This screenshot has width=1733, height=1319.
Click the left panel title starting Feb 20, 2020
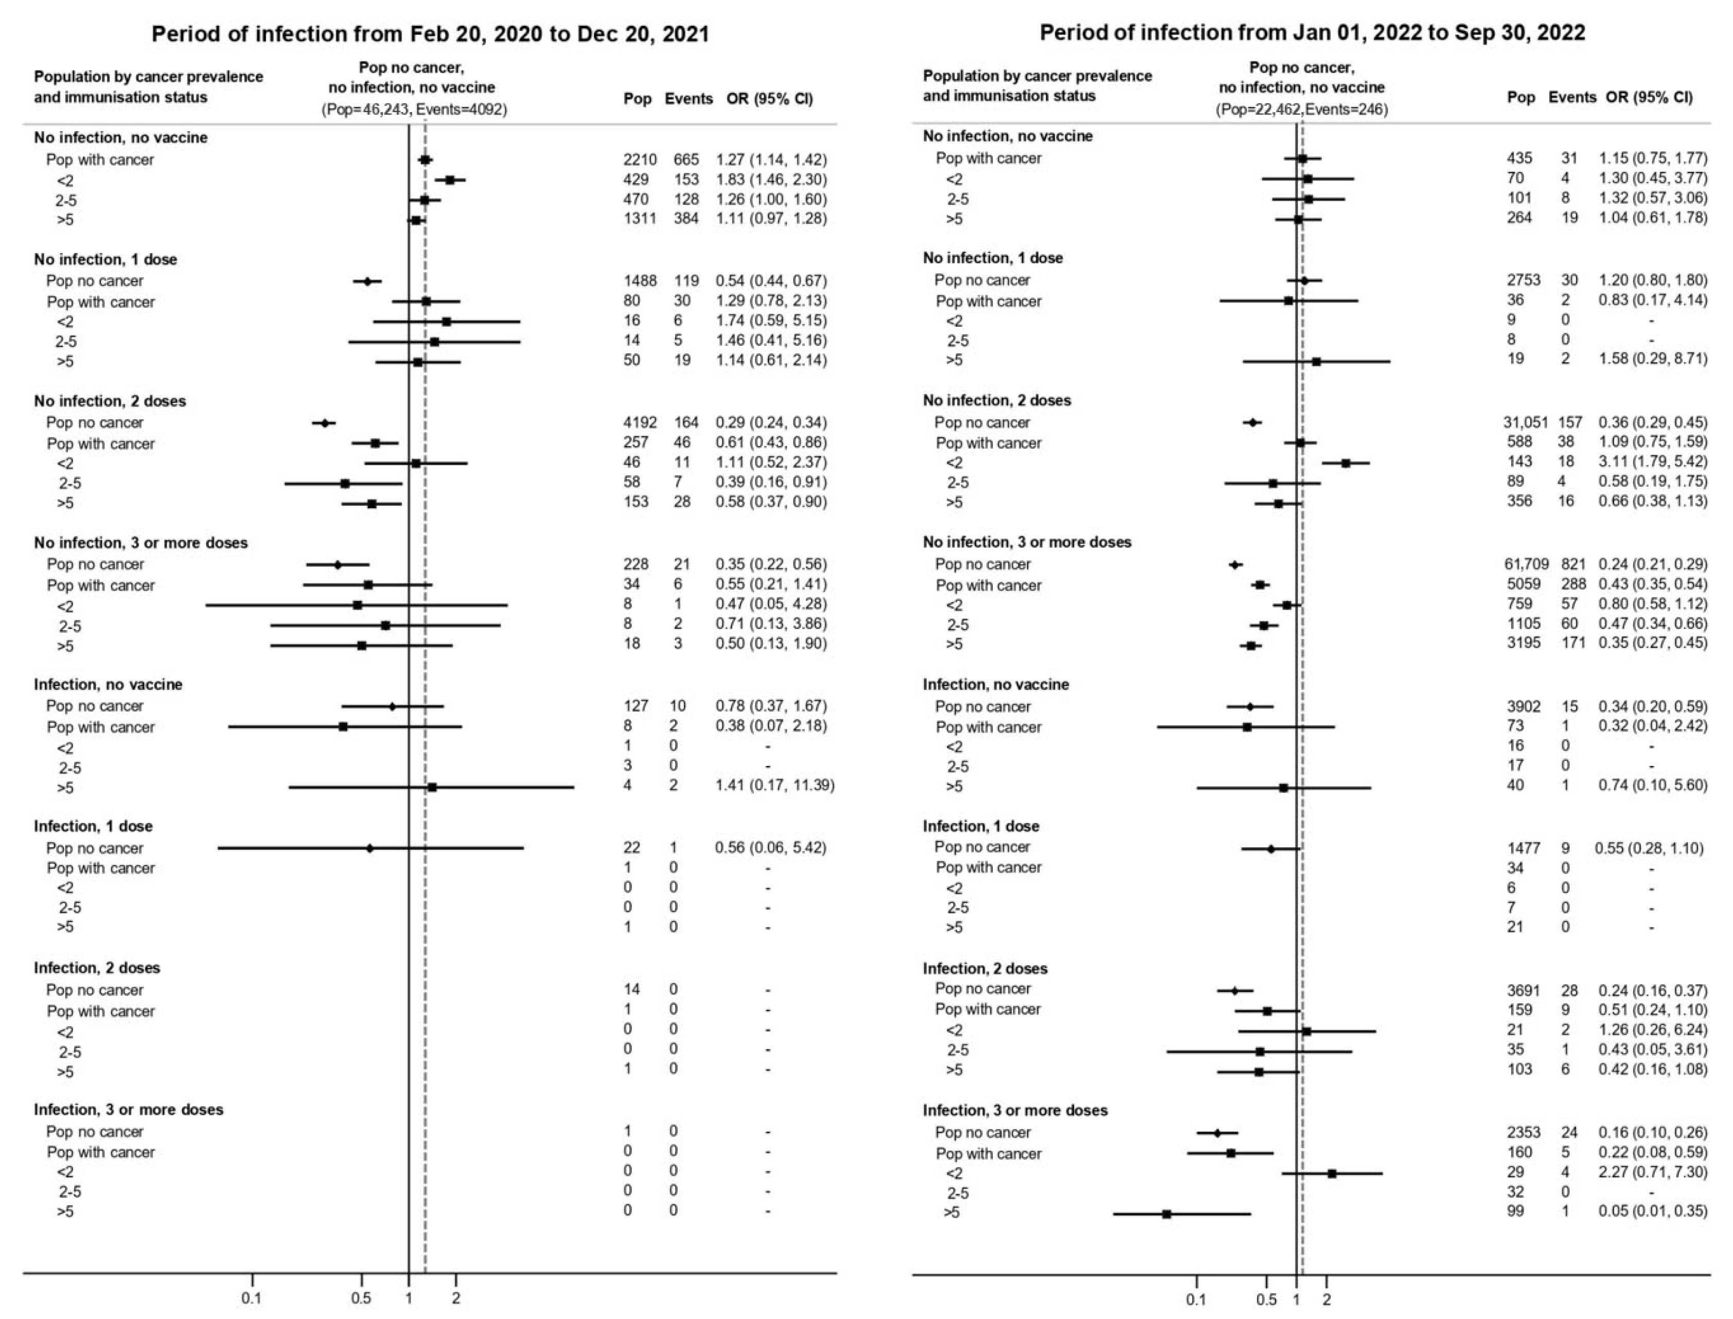pos(430,34)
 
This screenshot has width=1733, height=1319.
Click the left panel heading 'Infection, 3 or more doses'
pos(128,1110)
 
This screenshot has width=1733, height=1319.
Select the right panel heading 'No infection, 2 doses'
pos(997,400)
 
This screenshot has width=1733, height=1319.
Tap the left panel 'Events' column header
pos(688,99)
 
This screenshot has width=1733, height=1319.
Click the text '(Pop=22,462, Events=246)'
pos(1301,110)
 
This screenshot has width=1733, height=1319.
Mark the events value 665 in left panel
pos(685,159)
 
